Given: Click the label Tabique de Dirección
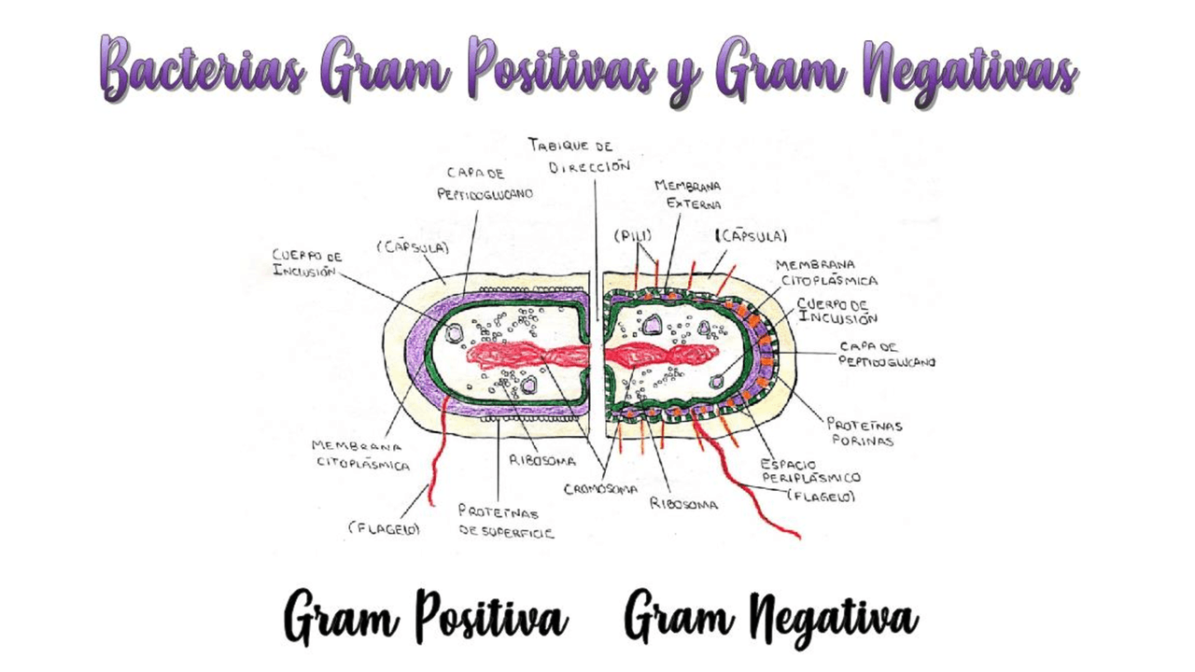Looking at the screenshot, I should point(579,156).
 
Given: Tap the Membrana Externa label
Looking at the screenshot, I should point(687,194).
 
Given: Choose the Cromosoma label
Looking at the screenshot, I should point(601,488).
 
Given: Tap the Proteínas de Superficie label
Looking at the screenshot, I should point(505,522).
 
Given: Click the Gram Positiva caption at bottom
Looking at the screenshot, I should point(426,617).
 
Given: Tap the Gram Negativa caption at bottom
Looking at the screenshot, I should point(771,617).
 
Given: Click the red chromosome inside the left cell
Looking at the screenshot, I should point(528,356).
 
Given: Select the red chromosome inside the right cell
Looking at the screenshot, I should point(659,356).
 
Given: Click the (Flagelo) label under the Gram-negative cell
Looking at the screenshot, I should point(821,497).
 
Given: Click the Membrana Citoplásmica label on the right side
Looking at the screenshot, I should point(827,272).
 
